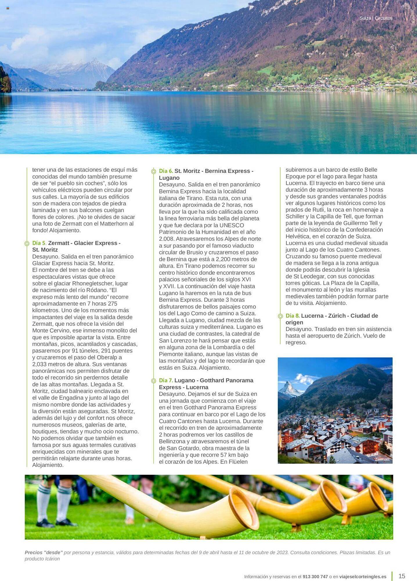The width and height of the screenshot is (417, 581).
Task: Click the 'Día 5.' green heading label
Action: (x=39, y=243)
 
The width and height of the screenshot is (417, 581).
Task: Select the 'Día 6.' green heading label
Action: (x=166, y=171)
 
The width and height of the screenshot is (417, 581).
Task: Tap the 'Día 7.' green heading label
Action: (x=166, y=381)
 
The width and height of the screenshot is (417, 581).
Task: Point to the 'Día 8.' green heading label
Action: (x=293, y=316)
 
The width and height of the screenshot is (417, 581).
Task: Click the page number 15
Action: (x=402, y=576)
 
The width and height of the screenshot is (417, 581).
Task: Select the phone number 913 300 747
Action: (x=315, y=577)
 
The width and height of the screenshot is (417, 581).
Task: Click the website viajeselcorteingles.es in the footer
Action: (x=363, y=577)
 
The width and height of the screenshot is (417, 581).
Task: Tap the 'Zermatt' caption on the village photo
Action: (x=382, y=459)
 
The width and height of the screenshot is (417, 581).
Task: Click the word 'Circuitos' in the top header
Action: (x=383, y=18)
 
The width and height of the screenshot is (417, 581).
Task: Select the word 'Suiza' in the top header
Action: (x=365, y=18)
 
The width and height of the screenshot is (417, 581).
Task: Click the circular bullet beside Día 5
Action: (x=27, y=243)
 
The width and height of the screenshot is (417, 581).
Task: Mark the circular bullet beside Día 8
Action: (x=280, y=316)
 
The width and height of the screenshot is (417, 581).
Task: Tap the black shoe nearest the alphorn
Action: (x=66, y=523)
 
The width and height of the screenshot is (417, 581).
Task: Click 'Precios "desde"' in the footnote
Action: (x=44, y=553)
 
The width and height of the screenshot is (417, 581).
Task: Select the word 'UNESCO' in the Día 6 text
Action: (x=232, y=225)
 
